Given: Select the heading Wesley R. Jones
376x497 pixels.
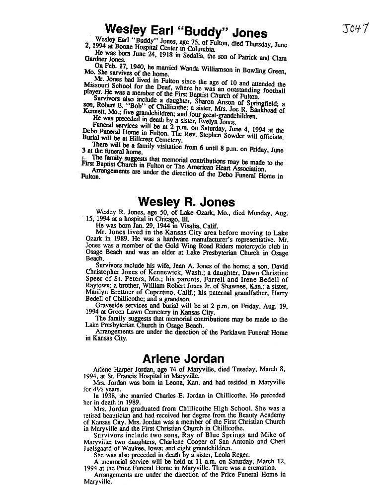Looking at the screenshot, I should pyautogui.click(x=186, y=202).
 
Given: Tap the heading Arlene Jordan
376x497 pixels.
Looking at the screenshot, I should pyautogui.click(x=183, y=358).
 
